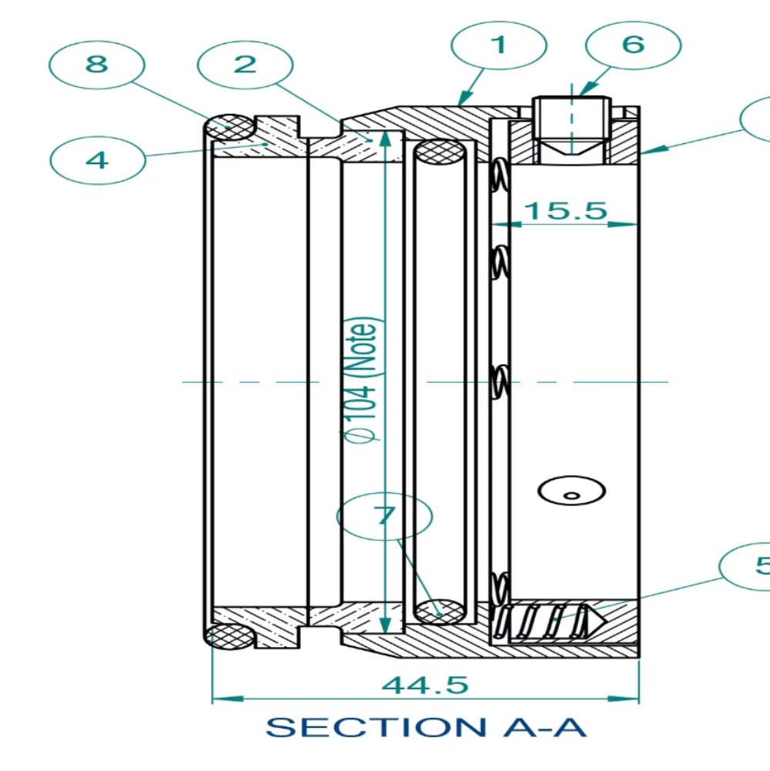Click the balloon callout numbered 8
coord(96,63)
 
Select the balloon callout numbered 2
coord(245,64)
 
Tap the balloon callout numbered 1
coord(499,45)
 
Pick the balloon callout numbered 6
coord(632,45)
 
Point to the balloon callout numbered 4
coord(97,160)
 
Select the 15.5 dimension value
coord(566,210)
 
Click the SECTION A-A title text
coord(426,727)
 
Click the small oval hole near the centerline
coord(571,491)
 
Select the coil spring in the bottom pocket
coord(547,618)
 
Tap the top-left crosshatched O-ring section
coord(229,126)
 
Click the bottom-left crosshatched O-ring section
coord(230,635)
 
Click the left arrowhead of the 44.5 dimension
coord(218,699)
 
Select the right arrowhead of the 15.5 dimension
coord(631,225)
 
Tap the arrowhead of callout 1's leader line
coord(460,102)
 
